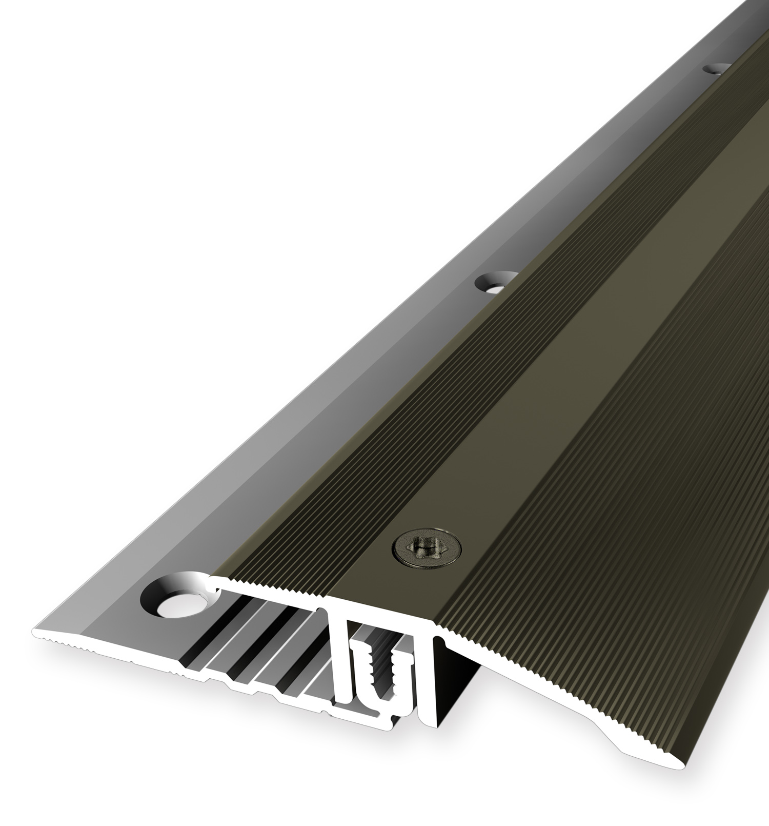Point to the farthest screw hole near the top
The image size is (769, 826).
pos(717,68)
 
